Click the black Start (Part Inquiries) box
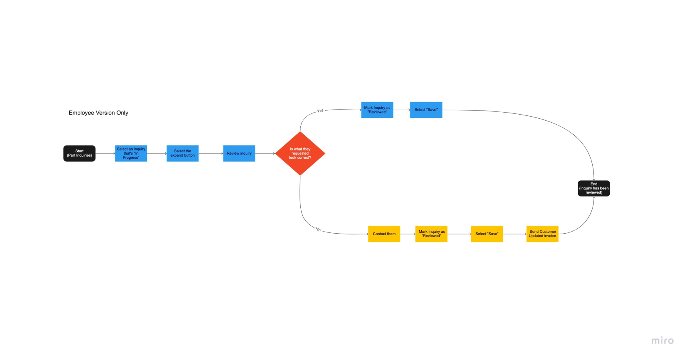[x=79, y=153]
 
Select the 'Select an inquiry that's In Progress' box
[x=131, y=153]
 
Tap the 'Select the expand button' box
[x=183, y=153]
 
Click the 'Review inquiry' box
[x=239, y=153]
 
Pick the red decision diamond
[x=300, y=153]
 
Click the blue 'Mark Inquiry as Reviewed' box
[x=377, y=110]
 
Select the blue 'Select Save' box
[x=426, y=110]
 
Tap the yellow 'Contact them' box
[x=384, y=234]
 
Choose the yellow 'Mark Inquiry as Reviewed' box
[x=431, y=234]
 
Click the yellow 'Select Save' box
[x=487, y=234]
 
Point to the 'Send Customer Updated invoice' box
[x=542, y=234]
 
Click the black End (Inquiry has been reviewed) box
[x=594, y=188]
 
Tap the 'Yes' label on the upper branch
[x=320, y=111]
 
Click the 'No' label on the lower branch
[x=318, y=229]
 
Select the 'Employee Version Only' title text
[x=98, y=113]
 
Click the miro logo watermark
[x=663, y=341]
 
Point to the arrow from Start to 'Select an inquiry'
[x=106, y=153]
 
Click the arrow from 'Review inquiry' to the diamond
[x=265, y=153]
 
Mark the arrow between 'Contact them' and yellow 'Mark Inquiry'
[x=408, y=234]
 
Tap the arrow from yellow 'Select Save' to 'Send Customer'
[x=515, y=234]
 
